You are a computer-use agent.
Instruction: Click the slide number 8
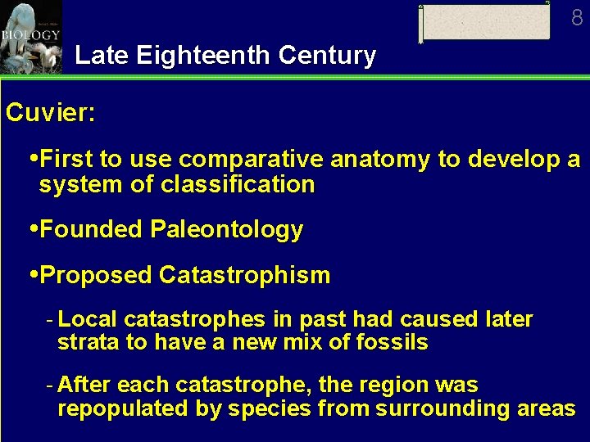577,17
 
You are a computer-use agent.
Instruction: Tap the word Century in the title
327,56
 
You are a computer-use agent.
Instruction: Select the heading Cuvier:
50,113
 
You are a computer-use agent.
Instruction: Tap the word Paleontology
225,230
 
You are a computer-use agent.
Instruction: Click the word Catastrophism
244,276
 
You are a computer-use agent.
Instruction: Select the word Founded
93,230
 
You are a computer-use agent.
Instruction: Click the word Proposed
97,276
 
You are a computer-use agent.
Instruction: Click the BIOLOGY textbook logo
30,37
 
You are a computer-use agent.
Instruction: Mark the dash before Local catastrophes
51,319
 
